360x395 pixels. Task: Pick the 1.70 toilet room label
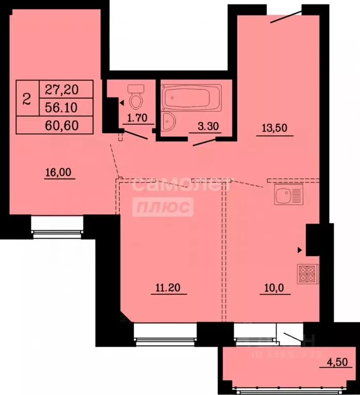[137, 117]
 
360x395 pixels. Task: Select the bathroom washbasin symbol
[168, 122]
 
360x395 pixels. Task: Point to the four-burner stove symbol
[308, 273]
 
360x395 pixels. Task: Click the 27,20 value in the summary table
[62, 89]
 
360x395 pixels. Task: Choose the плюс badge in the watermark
[163, 207]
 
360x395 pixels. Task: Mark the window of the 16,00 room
[57, 225]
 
